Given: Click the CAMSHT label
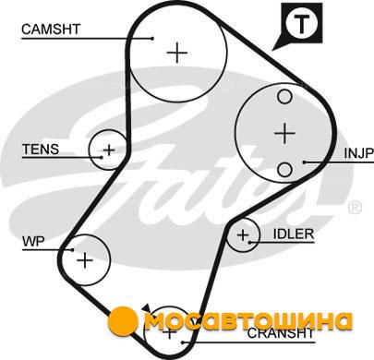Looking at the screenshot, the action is coord(51,30).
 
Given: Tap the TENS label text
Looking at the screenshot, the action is coord(41,150).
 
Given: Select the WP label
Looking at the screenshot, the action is coord(33,241).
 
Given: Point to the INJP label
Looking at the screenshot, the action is coord(358,153).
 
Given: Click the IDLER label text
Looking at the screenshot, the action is coord(294,234).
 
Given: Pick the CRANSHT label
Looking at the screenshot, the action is coord(281,333).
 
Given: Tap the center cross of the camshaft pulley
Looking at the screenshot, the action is coord(177,53).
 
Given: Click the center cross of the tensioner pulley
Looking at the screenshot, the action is coord(109,150).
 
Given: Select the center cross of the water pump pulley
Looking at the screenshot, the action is coord(85,260).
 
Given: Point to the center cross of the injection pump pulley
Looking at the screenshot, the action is coord(284,133).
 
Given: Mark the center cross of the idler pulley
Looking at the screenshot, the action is coord(243,235).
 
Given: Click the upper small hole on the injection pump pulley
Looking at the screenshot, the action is coord(284,97).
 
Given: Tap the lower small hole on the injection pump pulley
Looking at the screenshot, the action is coord(284,170).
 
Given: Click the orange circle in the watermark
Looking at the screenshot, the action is coord(123,320).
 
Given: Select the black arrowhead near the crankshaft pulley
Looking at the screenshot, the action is coord(147,308).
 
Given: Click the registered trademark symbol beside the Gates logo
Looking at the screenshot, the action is coord(355,208).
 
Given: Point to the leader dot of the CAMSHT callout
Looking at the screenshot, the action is coord(152,38).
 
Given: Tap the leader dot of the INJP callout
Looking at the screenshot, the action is coord(304,162).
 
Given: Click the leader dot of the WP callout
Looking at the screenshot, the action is coord(72,250).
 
